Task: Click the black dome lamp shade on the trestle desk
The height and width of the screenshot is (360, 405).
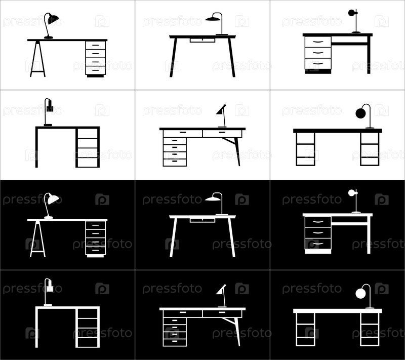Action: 53,19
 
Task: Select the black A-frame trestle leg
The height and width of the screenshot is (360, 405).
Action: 37,59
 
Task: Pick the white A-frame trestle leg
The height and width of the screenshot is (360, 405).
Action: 37,239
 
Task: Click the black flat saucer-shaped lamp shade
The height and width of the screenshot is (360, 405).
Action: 213,18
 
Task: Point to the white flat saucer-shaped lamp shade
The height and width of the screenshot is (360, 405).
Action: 213,198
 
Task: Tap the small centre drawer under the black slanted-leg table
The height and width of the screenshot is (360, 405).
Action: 202,40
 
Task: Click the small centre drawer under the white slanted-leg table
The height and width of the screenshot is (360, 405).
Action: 202,220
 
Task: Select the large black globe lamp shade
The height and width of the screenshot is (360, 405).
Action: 360,113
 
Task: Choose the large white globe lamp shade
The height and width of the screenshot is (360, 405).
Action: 360,293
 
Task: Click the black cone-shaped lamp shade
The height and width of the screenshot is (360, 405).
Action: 221,109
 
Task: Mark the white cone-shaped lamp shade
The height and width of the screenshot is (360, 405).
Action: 221,290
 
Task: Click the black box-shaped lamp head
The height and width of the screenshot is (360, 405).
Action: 50,108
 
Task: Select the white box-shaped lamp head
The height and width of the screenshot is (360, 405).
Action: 50,288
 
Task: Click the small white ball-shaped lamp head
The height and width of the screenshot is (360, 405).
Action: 351,193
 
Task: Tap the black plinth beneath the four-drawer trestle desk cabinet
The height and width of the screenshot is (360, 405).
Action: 95,76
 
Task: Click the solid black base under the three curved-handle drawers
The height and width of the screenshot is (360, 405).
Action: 318,71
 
